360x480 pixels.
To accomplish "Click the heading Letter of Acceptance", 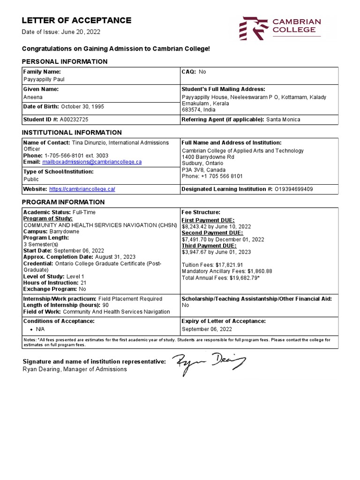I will pyautogui.click(x=77, y=20).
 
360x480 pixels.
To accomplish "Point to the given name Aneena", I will pyautogui.click(x=32, y=97).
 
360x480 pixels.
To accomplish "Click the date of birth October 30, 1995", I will pyautogui.click(x=82, y=106).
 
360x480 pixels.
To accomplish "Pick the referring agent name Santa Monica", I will pyautogui.click(x=283, y=120).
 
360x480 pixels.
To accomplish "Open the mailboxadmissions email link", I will pyautogui.click(x=92, y=162).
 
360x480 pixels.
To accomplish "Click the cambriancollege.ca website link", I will pyautogui.click(x=82, y=189).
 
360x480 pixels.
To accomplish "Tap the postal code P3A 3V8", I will pyautogui.click(x=192, y=170).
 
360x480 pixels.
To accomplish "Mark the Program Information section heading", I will pyautogui.click(x=64, y=202).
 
